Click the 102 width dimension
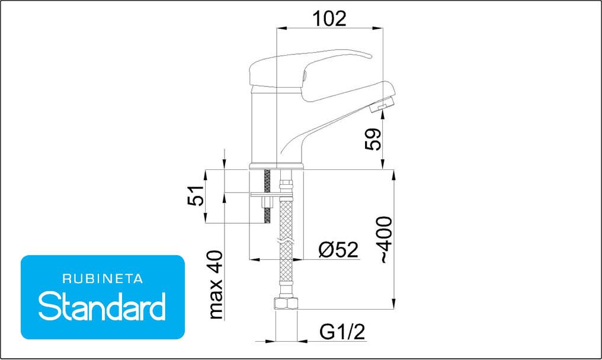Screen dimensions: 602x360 coord(330,18)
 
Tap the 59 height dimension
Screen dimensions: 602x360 coord(373,139)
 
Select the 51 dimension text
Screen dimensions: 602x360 coord(196,195)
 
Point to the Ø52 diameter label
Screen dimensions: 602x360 coord(338,250)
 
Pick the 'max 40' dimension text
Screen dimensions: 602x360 coord(216,285)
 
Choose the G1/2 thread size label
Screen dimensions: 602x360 coord(342,332)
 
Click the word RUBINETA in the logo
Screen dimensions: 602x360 coord(103,279)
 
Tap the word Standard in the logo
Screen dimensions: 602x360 coord(102,306)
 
